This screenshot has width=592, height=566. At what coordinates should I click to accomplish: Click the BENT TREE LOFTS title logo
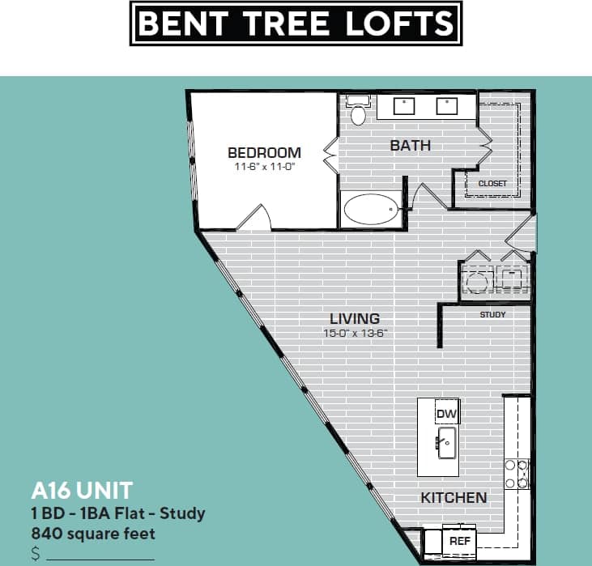coord(296,23)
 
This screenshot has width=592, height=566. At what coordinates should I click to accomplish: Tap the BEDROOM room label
coord(264,152)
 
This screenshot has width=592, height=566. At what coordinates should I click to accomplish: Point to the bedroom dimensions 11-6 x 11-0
coord(264,167)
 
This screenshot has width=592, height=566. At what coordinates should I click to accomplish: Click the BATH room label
coord(411,146)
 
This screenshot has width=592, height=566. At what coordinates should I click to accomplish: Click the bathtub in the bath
coord(372,211)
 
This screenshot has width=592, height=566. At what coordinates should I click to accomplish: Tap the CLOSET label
coord(492,183)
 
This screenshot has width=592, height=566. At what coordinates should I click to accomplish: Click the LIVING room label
coord(355,319)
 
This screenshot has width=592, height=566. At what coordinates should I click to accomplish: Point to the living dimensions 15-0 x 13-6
coord(355,333)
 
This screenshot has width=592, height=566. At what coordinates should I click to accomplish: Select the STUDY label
coord(492,314)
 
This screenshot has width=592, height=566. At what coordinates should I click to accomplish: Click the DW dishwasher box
coord(447,414)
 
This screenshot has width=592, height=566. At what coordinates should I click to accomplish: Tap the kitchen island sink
coord(447,443)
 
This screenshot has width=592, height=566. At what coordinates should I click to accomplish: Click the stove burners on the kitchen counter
coord(517,474)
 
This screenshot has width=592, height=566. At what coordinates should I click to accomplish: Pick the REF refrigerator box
coord(460,540)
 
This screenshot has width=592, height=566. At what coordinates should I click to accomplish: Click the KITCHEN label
coord(454,497)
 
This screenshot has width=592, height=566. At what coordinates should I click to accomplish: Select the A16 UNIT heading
coord(81,491)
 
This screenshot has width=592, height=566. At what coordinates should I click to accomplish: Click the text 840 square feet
coord(93,534)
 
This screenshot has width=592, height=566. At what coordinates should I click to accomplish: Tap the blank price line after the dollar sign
coord(100,557)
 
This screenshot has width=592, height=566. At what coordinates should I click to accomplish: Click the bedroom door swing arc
coord(257,217)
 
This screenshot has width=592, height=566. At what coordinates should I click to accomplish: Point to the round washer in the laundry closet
coord(476,280)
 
